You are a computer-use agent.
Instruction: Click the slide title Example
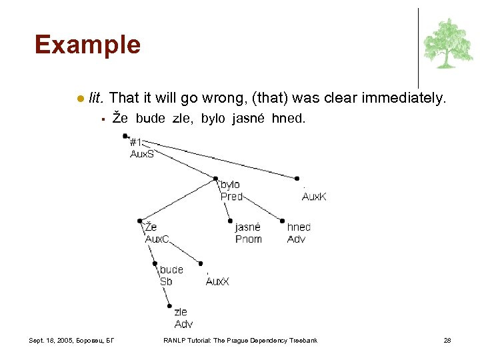[x=87, y=45]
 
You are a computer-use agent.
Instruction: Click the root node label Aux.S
[x=141, y=153]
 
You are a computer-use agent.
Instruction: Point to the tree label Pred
[x=231, y=196]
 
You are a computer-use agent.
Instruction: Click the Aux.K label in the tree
[x=314, y=196]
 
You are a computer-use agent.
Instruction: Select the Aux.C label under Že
[x=157, y=239]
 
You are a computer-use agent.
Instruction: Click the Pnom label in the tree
[x=248, y=239]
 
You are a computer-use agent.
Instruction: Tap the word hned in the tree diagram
[x=299, y=227]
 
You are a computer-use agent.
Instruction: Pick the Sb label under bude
[x=166, y=281]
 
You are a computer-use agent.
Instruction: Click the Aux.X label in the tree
[x=217, y=281]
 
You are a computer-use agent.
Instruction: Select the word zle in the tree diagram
[x=181, y=312]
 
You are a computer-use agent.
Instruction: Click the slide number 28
[x=447, y=341]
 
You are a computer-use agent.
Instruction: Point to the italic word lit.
[x=96, y=98]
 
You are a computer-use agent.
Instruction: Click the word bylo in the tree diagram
[x=230, y=185]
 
